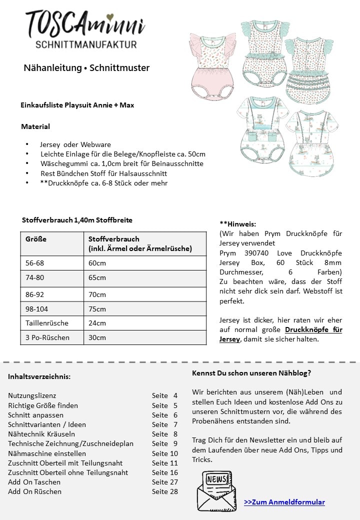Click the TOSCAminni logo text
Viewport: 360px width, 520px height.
click(85, 24)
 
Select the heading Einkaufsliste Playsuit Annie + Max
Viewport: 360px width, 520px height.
click(77, 105)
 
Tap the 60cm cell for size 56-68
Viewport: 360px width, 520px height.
click(97, 263)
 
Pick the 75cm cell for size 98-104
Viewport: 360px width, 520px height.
click(97, 309)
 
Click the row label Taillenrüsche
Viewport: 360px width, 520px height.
click(47, 323)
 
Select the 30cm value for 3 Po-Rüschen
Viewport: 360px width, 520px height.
click(97, 337)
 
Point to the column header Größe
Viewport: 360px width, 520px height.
click(36, 239)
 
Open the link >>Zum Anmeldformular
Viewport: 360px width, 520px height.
click(284, 502)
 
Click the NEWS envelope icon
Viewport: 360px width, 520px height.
click(215, 490)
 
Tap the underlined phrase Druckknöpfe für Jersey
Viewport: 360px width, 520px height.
click(280, 334)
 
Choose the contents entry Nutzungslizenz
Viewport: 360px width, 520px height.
click(32, 395)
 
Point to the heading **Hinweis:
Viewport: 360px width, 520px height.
click(237, 224)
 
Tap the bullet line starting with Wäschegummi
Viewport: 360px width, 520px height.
click(121, 163)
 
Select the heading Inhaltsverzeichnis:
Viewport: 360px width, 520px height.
click(39, 376)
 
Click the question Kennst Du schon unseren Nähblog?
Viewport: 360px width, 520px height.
click(251, 373)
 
